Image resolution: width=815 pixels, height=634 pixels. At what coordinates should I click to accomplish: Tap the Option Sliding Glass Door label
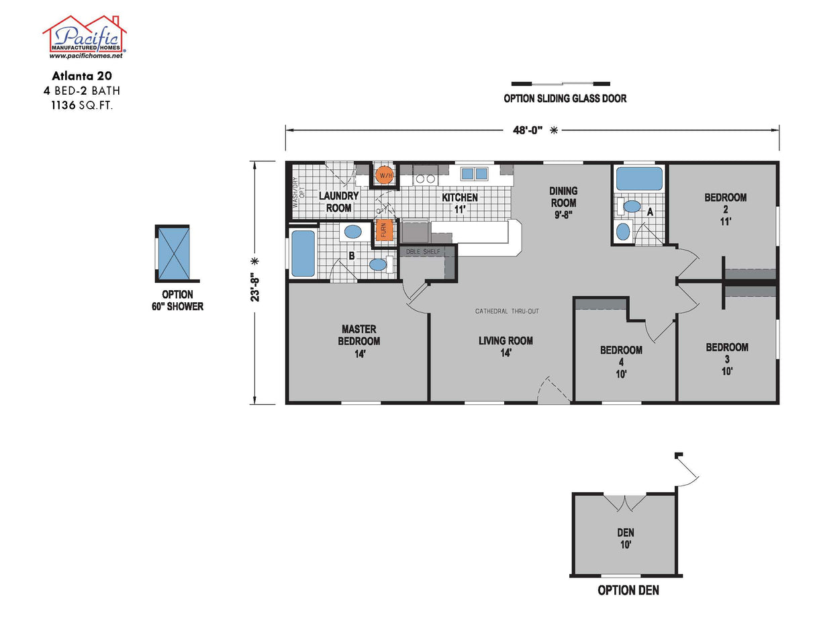click(565, 99)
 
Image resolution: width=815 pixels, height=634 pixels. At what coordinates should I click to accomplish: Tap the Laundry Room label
click(338, 201)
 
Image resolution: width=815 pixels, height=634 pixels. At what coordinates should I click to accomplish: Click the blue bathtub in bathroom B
click(303, 254)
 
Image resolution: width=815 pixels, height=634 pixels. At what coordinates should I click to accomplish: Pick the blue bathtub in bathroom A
click(640, 180)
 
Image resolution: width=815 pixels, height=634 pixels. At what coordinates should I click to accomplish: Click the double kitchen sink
click(475, 174)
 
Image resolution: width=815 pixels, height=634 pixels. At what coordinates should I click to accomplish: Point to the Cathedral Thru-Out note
click(507, 311)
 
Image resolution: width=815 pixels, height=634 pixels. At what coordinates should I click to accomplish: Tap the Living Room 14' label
click(506, 346)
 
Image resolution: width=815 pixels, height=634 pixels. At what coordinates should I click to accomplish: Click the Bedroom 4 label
click(621, 361)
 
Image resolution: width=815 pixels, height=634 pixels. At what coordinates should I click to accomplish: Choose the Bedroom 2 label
click(725, 208)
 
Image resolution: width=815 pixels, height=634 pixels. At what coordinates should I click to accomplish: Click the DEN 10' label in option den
click(625, 538)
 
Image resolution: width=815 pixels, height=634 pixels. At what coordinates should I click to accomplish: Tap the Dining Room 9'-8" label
click(564, 202)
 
